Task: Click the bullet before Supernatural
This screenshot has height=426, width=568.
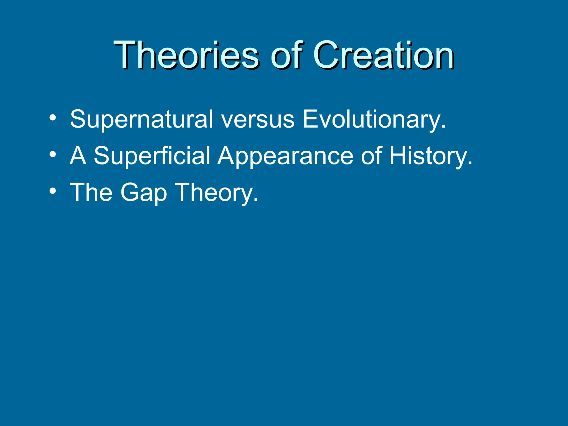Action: click(x=53, y=118)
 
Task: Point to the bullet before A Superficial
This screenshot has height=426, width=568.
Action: click(x=53, y=155)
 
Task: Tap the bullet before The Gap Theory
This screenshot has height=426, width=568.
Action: click(x=53, y=191)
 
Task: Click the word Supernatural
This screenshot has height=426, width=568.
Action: click(x=141, y=119)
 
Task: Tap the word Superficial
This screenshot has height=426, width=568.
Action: click(x=152, y=156)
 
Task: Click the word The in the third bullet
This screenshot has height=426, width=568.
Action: click(x=91, y=192)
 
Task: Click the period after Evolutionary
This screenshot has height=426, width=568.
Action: click(x=443, y=127)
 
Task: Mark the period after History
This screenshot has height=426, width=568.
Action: click(x=470, y=164)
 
